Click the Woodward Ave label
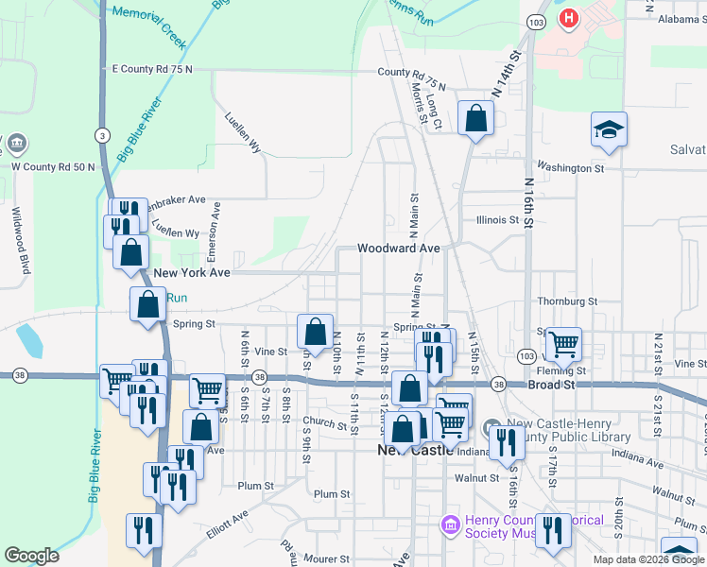pyautogui.click(x=399, y=248)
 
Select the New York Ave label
pyautogui.click(x=192, y=272)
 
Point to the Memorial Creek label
pyautogui.click(x=148, y=16)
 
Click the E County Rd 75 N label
pyautogui.click(x=151, y=69)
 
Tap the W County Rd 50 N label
pyautogui.click(x=53, y=167)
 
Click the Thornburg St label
pyautogui.click(x=567, y=301)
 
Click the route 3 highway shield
pyautogui.click(x=101, y=135)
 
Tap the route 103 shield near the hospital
pyautogui.click(x=537, y=21)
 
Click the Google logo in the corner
pyautogui.click(x=31, y=556)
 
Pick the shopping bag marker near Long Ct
pyautogui.click(x=475, y=118)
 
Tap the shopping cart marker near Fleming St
pyautogui.click(x=563, y=344)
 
